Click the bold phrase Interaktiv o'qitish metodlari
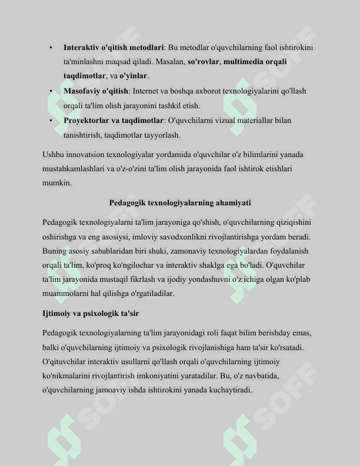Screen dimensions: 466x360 point(114,47)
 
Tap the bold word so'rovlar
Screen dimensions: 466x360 point(204,62)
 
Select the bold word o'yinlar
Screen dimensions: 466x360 point(134,76)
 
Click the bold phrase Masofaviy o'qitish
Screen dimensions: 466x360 point(96,91)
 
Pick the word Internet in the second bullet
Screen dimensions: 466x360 point(146,91)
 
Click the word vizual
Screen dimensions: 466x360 point(224,121)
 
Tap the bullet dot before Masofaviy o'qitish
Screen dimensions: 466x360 point(52,91)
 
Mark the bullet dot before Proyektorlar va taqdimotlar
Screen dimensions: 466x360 point(52,121)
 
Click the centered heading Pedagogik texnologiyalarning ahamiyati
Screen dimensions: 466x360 point(180,203)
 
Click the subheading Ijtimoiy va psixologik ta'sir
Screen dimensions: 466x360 point(91,313)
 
